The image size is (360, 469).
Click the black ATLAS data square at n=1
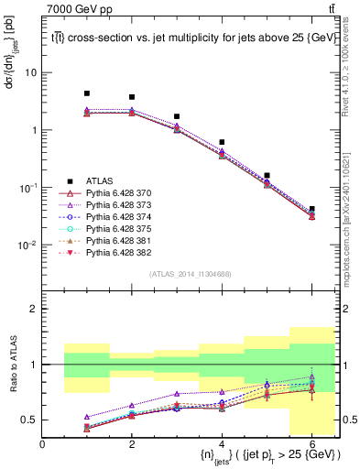[x=87, y=93]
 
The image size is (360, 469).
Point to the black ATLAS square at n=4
[x=223, y=142]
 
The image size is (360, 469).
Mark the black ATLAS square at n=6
[x=312, y=210]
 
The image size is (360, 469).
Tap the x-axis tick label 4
[x=223, y=444]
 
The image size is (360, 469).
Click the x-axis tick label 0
[x=43, y=444]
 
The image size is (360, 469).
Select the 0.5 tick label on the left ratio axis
[x=27, y=420]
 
